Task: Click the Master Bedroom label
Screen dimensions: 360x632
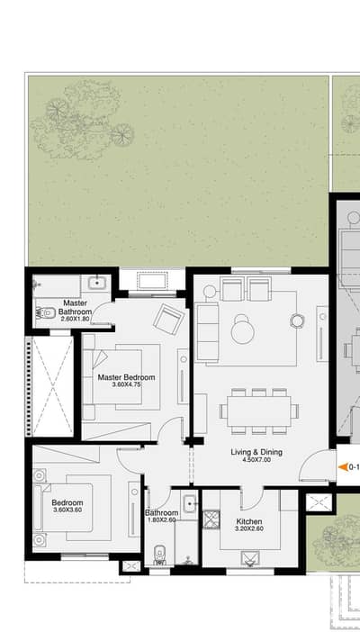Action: (126, 377)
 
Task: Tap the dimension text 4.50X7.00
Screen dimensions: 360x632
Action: (256, 459)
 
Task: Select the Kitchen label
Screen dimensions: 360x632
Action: (249, 521)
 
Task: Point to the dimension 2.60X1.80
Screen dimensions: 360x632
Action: (75, 319)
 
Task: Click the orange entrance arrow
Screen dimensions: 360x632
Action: (343, 467)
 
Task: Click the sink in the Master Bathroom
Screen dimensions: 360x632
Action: (97, 283)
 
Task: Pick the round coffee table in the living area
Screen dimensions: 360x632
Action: (243, 330)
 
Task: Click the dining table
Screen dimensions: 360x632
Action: (259, 411)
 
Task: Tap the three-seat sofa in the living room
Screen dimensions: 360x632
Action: (207, 333)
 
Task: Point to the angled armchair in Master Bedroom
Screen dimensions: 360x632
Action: (168, 319)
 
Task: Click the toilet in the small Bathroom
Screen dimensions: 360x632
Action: (160, 555)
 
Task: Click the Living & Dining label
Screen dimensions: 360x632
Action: (256, 452)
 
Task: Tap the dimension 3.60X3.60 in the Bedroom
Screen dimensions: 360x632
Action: (67, 510)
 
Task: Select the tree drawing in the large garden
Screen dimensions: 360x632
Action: (82, 120)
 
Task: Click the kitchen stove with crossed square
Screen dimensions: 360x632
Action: (211, 519)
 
